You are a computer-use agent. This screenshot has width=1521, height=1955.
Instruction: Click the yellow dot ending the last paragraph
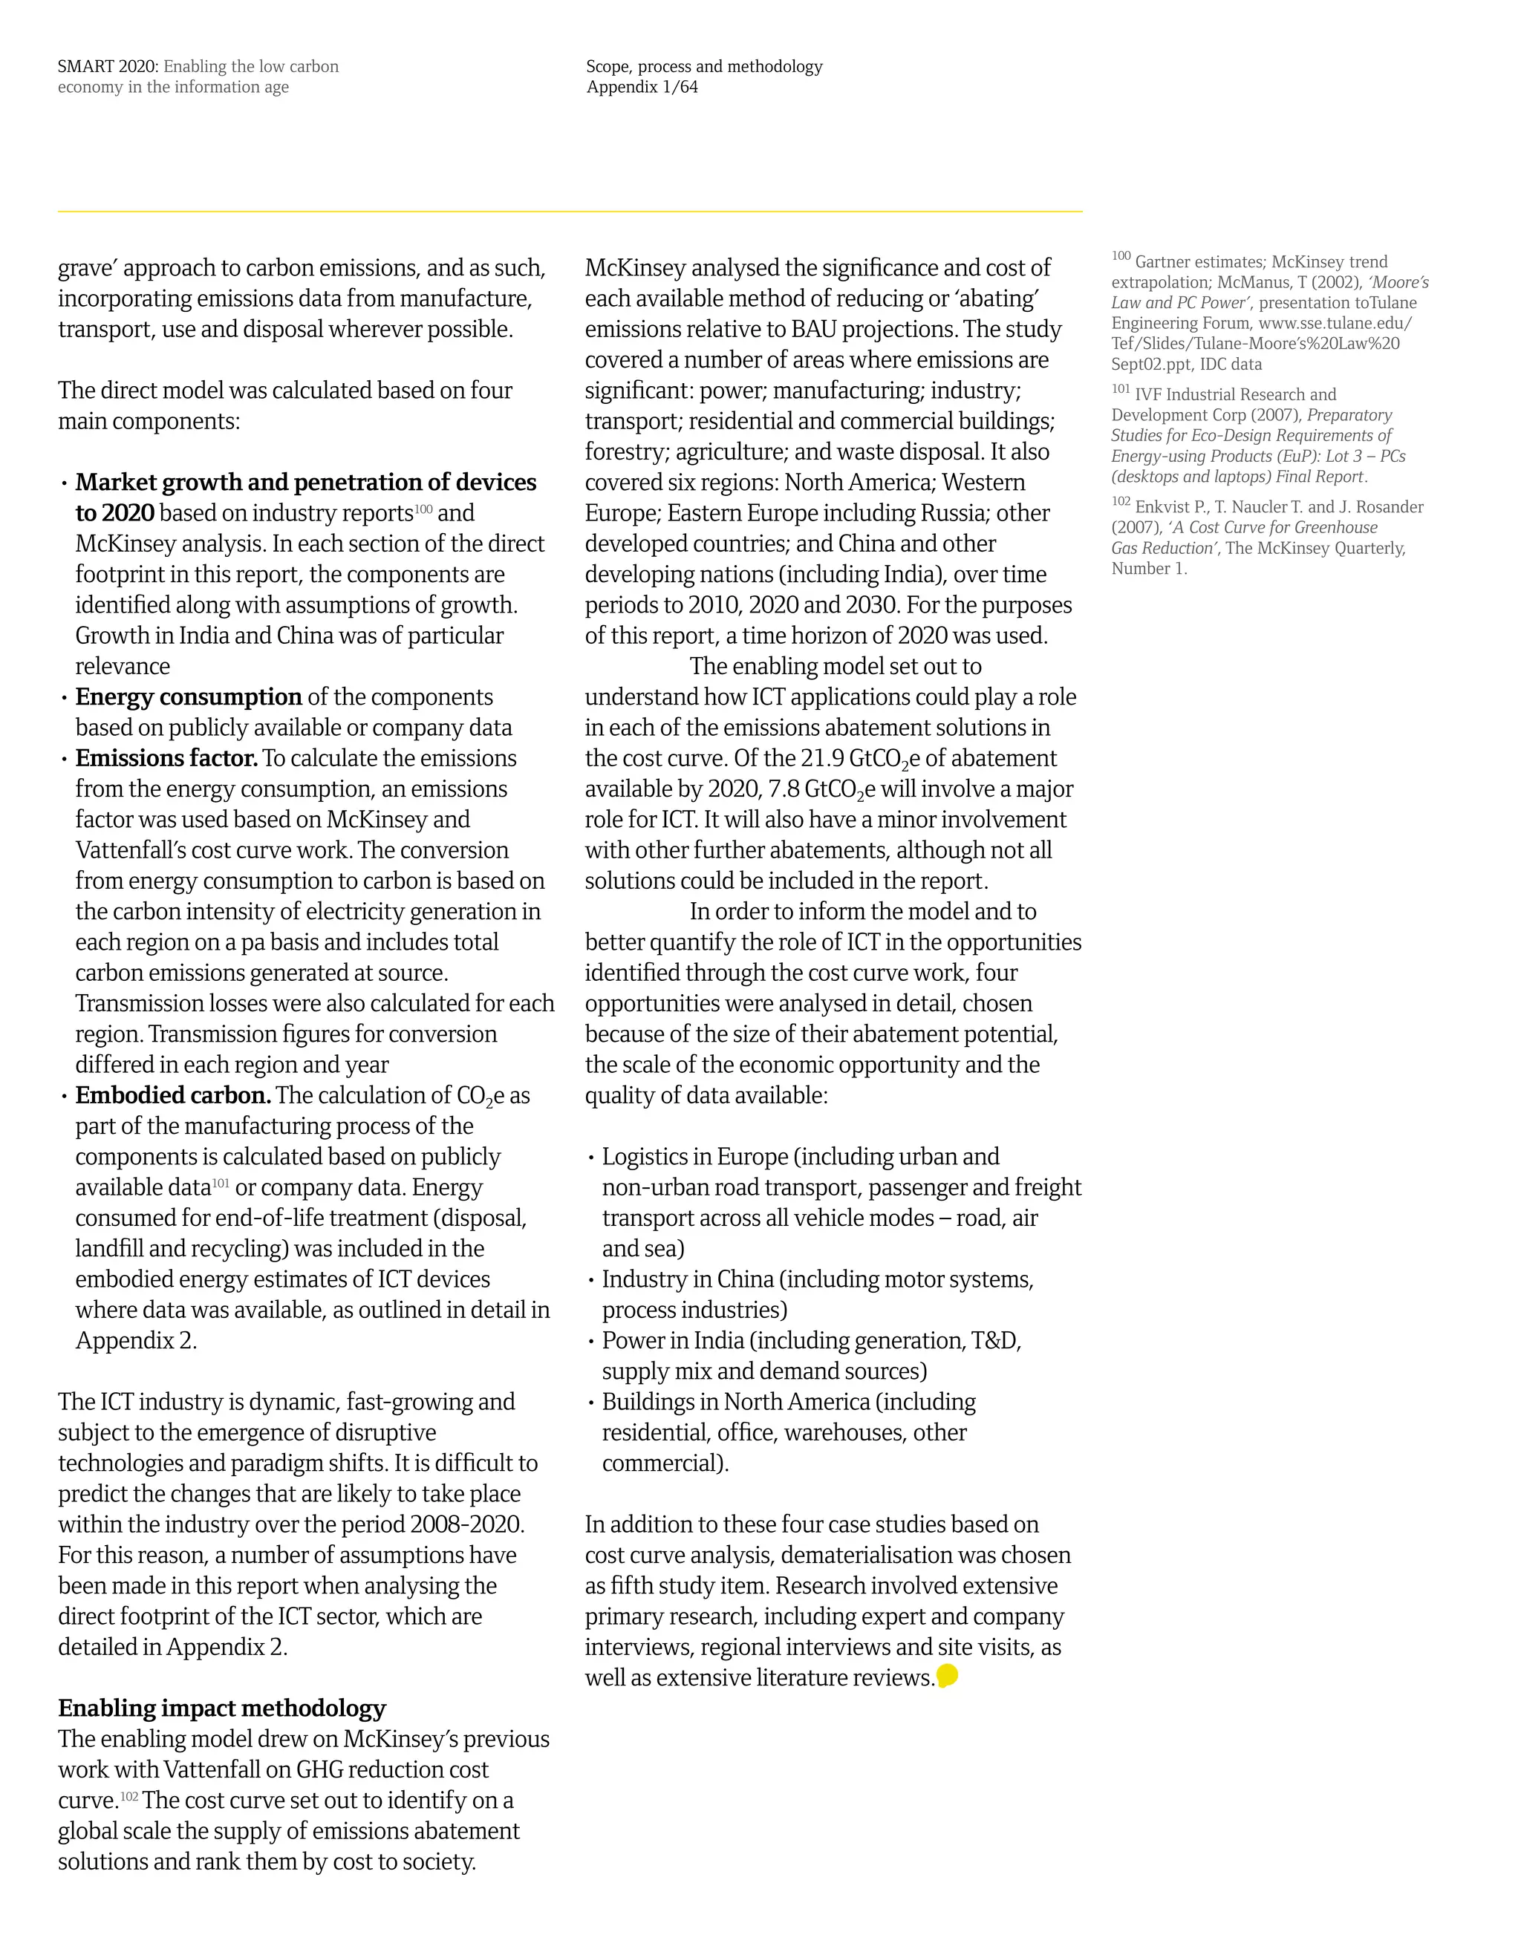pos(946,1676)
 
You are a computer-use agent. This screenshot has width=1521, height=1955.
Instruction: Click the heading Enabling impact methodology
pos(221,1708)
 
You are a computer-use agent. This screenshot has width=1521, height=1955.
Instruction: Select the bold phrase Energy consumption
pos(188,697)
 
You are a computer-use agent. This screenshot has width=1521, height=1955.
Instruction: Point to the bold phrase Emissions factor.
pos(166,758)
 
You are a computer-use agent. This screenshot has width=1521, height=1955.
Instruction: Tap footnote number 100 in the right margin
pos(1121,257)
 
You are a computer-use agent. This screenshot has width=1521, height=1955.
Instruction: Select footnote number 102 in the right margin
pos(1121,502)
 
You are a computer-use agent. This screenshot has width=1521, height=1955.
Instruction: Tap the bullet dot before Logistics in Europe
pos(591,1158)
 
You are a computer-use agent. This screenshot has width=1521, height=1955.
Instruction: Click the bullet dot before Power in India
pos(591,1342)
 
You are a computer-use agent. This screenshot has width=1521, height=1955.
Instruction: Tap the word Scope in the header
pos(608,66)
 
